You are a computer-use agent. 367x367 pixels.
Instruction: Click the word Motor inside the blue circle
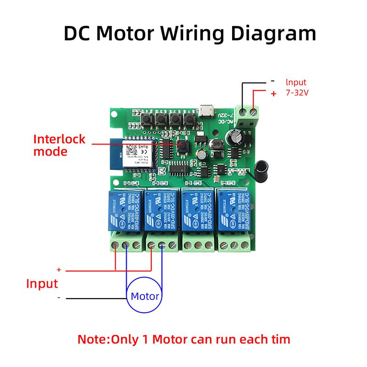coord(145,296)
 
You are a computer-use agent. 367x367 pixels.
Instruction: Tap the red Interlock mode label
coord(59,145)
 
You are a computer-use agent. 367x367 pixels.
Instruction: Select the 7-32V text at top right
coord(297,93)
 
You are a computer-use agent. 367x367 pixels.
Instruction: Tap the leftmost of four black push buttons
coord(148,120)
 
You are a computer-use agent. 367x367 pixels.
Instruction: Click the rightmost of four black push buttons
coord(188,120)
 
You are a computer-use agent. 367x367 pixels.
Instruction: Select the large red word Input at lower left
coord(41,283)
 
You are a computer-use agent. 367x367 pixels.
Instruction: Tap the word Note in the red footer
coord(94,340)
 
